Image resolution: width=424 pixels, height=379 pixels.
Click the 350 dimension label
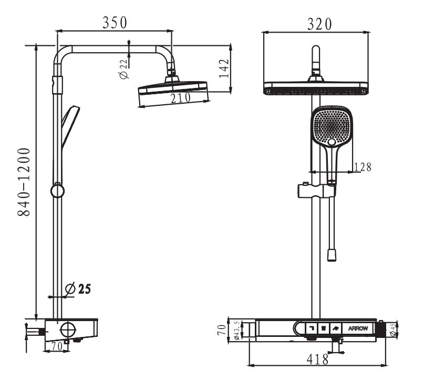[115, 23]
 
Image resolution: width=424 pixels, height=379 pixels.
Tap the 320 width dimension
[319, 24]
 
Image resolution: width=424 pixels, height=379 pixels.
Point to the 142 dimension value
[224, 68]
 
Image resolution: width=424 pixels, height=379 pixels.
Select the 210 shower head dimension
[181, 98]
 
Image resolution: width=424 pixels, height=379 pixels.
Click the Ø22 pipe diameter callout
[123, 69]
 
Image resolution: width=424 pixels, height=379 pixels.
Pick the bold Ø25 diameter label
[78, 289]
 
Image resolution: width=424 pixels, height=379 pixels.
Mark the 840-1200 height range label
[24, 182]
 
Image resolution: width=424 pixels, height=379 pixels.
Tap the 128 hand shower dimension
[363, 167]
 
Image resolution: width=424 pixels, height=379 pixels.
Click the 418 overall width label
[318, 360]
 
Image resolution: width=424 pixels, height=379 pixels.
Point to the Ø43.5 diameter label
[236, 331]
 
